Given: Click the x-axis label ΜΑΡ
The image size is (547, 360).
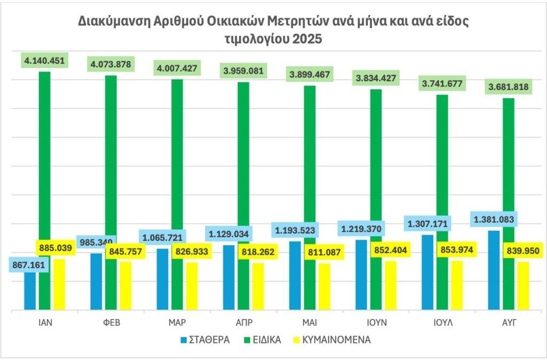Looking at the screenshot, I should pyautogui.click(x=177, y=323).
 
